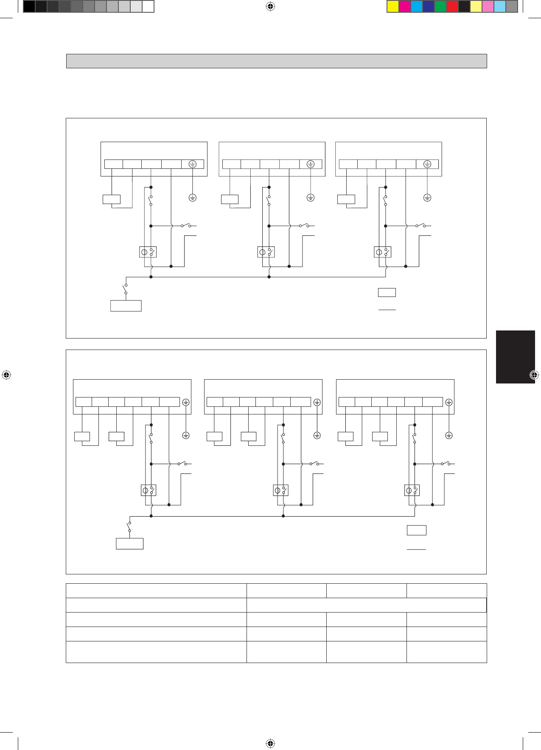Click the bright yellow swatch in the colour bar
(x=393, y=6)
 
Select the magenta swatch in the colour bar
(x=405, y=6)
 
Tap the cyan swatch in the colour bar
(x=417, y=6)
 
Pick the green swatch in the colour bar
(x=440, y=6)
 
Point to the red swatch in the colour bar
(x=452, y=6)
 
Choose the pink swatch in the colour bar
(x=488, y=6)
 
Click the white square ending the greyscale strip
(x=148, y=6)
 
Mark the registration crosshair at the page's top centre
(x=270, y=6)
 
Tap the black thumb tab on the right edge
(x=515, y=357)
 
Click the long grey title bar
(x=276, y=61)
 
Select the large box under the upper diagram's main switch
(x=126, y=306)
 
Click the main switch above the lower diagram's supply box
(x=129, y=527)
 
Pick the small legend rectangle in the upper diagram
(x=387, y=292)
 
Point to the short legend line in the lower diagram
(x=416, y=549)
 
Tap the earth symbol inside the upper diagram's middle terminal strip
(x=311, y=164)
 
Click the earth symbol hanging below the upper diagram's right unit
(x=427, y=198)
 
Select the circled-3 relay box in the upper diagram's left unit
(x=148, y=252)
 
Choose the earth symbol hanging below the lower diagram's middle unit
(x=317, y=435)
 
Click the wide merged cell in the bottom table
(x=366, y=605)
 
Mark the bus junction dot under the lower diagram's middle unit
(x=283, y=516)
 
